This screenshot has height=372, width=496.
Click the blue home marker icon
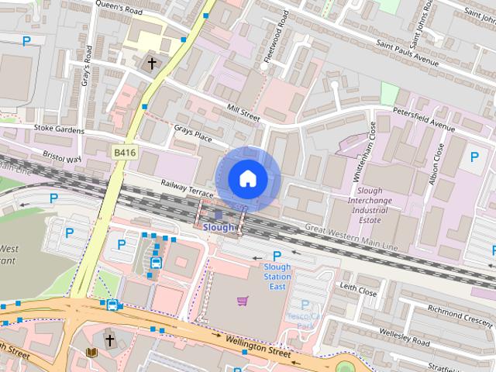[x=247, y=178]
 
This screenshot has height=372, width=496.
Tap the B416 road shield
[x=125, y=153]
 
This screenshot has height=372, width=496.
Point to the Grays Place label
[x=193, y=136]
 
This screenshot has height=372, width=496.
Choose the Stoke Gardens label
[x=59, y=130]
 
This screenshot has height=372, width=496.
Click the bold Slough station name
[x=219, y=228]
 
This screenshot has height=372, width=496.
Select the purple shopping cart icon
[x=243, y=301]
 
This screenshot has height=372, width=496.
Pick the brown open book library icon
[x=91, y=353]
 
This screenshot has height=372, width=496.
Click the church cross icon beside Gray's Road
[x=152, y=63]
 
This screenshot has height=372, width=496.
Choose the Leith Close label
[x=358, y=291]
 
